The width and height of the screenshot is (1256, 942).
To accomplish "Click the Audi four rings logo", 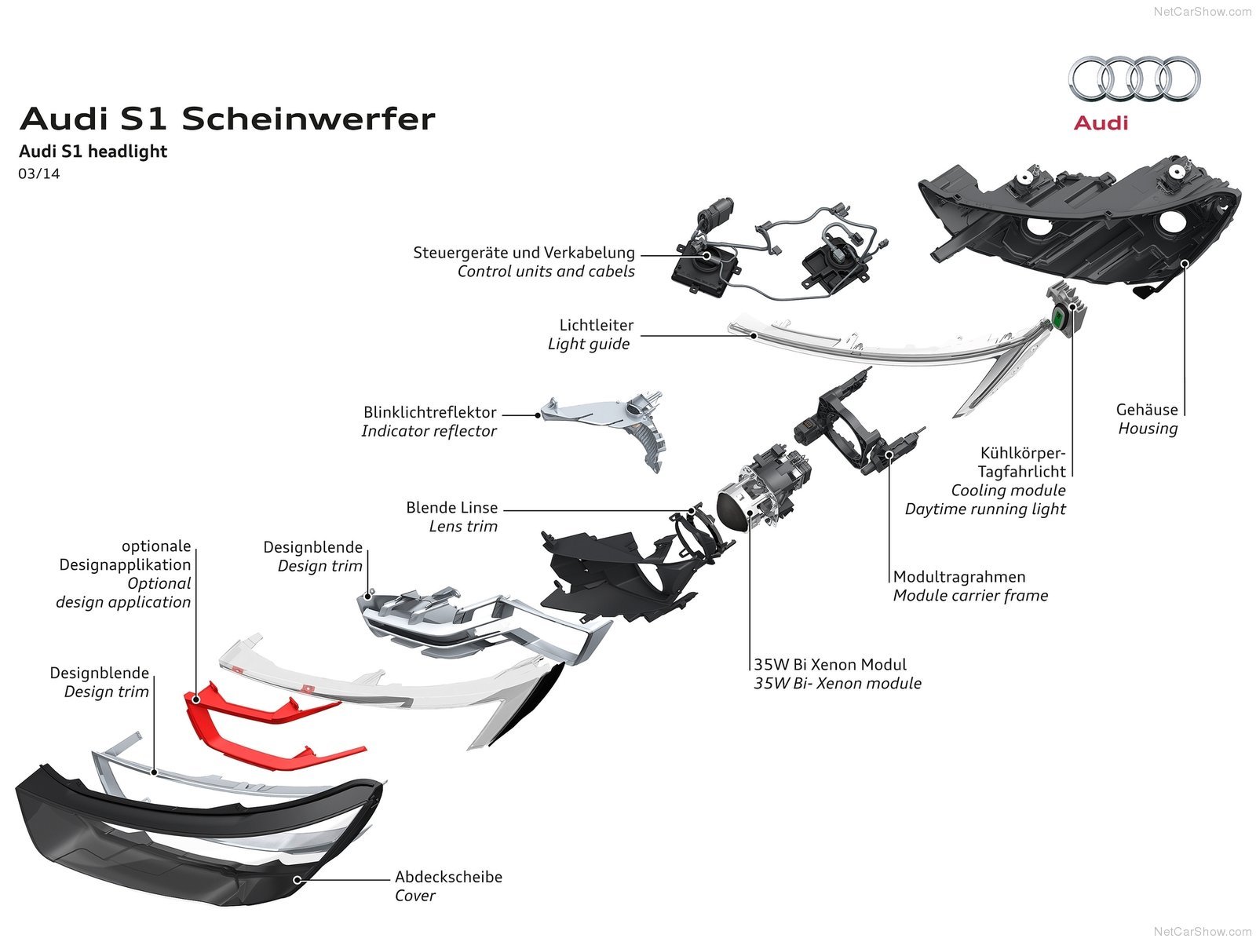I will coord(1134,78).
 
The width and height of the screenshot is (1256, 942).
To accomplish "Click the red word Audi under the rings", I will coord(1101,123).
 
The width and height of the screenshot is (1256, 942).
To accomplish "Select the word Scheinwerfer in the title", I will coord(308,119).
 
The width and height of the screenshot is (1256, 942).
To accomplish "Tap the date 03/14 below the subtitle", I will coord(39,173).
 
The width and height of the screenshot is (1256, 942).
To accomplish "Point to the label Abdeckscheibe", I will coord(448,877).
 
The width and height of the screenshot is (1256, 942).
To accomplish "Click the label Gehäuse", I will coord(1147,410).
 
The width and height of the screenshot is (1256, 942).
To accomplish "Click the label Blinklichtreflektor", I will coord(429,412).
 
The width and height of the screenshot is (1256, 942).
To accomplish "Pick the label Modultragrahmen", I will coord(959,577).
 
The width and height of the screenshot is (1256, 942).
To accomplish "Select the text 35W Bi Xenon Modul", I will coord(830,665).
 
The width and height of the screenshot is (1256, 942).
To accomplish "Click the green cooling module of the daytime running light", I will coord(1060,317).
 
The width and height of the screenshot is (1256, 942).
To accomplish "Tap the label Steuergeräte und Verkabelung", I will coord(524,253).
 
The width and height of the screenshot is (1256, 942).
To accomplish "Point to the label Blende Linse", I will coord(451,508).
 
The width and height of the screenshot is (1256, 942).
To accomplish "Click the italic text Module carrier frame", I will coord(970,596).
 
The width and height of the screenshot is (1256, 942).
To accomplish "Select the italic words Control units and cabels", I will coord(546,272).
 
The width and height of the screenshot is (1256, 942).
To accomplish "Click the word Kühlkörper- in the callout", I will coord(1022,453).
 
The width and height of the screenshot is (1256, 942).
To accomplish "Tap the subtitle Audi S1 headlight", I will coord(93,152).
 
